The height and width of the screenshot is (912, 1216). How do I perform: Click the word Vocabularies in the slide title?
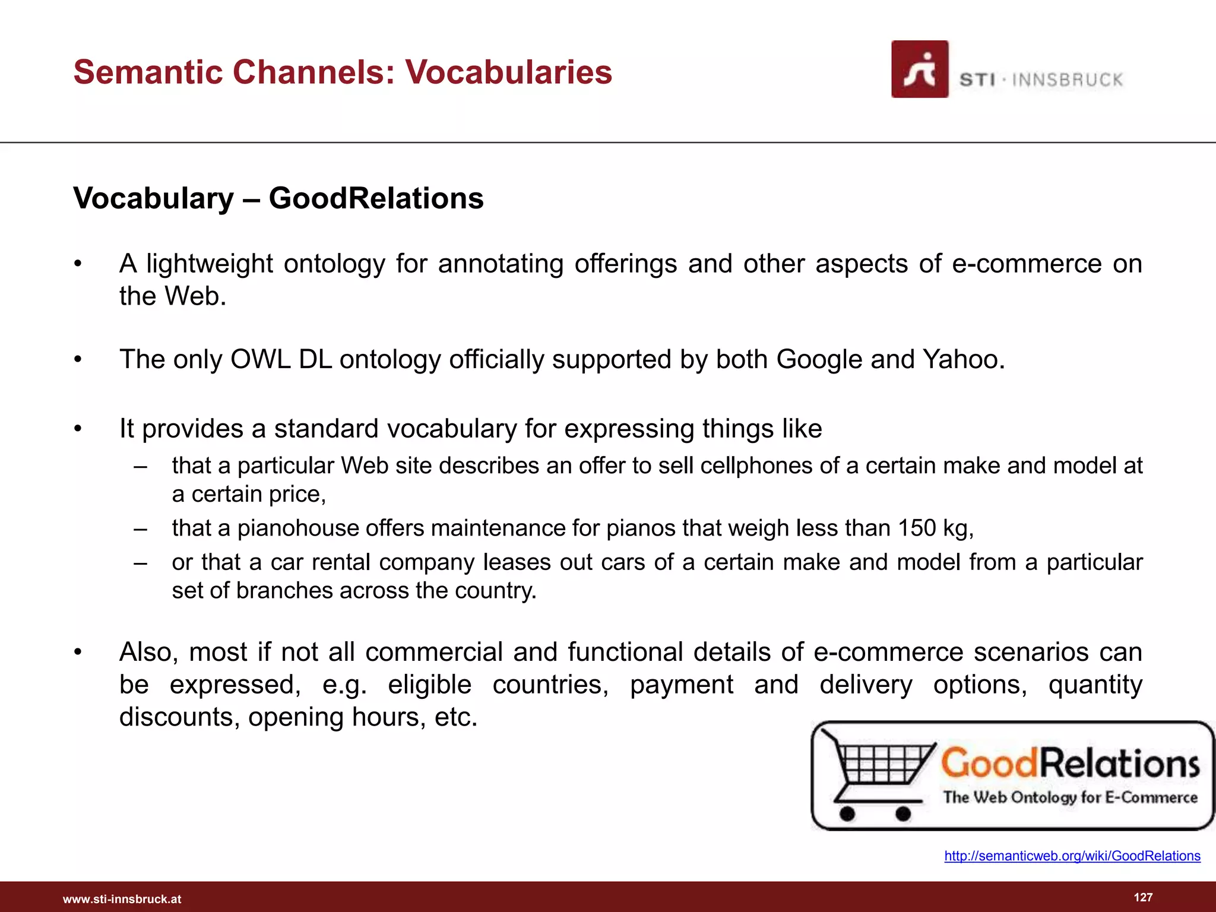click(508, 72)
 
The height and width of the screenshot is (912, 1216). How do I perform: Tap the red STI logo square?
click(919, 69)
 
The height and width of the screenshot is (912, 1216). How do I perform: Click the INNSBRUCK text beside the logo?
click(1067, 80)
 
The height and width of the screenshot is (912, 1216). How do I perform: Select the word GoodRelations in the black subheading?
click(376, 198)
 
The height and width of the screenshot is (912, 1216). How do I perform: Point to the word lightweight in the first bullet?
click(210, 264)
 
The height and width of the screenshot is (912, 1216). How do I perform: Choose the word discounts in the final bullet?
click(179, 717)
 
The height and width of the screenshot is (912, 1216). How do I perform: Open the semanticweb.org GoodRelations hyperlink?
click(1072, 856)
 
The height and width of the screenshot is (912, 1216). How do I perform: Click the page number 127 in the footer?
click(1143, 897)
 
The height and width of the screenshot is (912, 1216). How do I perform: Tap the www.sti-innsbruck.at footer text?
click(122, 899)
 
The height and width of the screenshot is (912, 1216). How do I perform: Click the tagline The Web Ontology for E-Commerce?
click(1070, 797)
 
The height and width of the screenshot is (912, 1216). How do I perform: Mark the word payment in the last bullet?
click(682, 685)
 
